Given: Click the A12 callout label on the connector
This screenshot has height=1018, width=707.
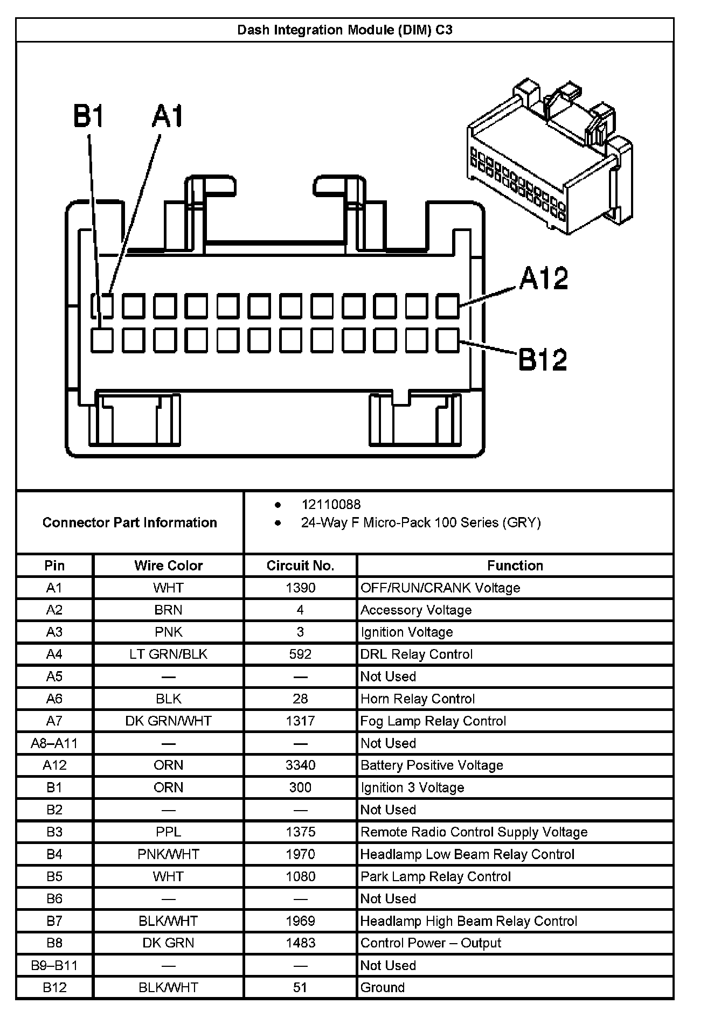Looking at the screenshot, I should click(x=544, y=278).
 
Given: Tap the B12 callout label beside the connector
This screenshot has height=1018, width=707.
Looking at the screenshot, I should click(x=543, y=359).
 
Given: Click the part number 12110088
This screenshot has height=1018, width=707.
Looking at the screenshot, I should click(x=331, y=505).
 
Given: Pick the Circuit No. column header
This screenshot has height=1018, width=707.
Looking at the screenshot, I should click(x=300, y=566).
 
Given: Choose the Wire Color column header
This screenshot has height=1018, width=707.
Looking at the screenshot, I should click(x=168, y=566).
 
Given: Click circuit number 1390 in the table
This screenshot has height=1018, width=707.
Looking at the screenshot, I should click(x=300, y=588).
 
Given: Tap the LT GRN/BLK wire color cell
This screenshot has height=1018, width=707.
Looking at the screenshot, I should click(x=168, y=654).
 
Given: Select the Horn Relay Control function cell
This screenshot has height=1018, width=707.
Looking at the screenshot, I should click(x=418, y=699).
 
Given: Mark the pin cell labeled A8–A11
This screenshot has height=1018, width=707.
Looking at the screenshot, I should click(x=54, y=744).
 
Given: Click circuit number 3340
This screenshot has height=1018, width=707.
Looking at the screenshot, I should click(x=300, y=765).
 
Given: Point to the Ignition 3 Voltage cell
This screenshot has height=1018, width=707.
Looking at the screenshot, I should click(x=412, y=788).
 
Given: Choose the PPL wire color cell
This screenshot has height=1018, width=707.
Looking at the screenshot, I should click(x=168, y=832).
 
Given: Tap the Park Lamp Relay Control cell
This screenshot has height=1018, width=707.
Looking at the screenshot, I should click(x=435, y=877).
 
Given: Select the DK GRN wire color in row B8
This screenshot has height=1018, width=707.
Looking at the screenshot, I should click(x=168, y=943).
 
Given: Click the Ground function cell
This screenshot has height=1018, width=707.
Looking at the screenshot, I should click(x=383, y=988).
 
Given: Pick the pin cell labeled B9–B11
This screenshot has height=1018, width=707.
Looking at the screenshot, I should click(x=54, y=966).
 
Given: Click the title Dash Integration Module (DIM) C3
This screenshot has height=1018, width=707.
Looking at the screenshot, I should click(x=345, y=30).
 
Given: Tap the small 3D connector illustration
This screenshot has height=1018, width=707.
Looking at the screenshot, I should click(x=550, y=156).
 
